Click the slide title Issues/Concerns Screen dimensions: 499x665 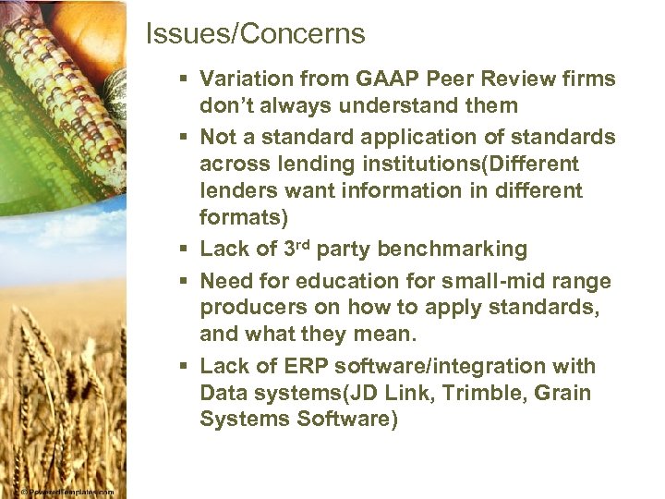(x=256, y=35)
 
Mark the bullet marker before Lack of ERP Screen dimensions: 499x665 (x=186, y=366)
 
